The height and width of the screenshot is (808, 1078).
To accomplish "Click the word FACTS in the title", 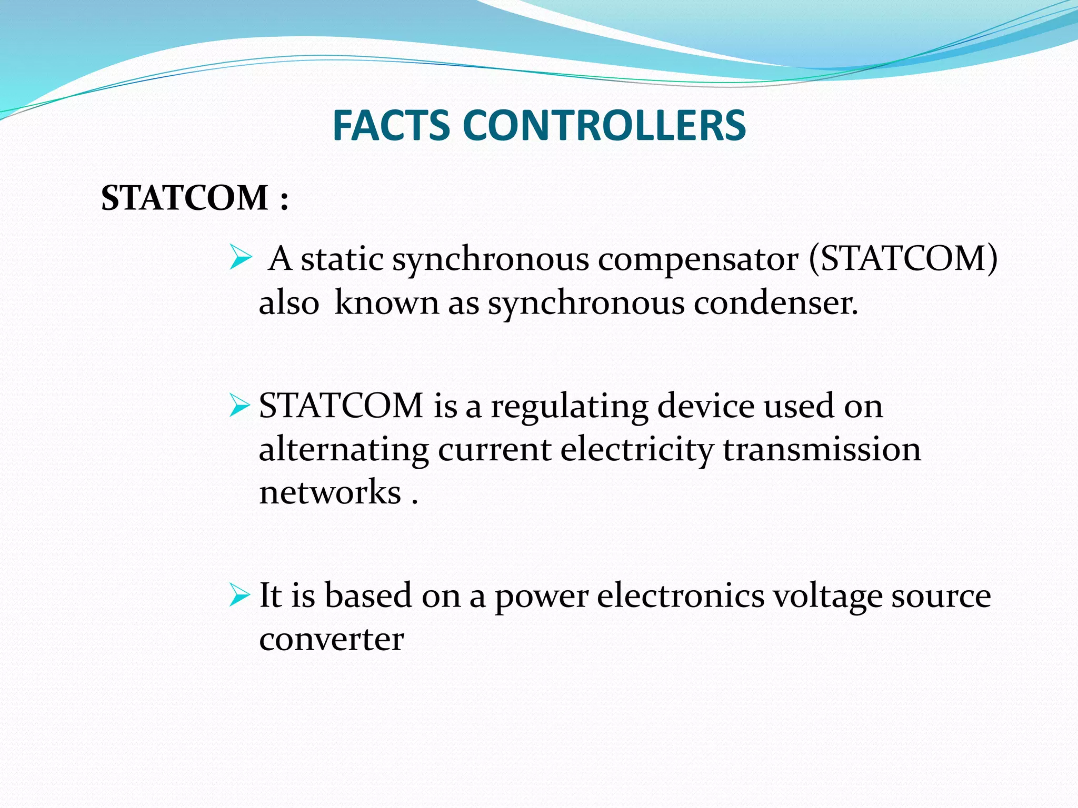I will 391,126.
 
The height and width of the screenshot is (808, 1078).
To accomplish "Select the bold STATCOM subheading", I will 185,198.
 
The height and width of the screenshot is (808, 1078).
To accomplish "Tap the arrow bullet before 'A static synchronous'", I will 241,259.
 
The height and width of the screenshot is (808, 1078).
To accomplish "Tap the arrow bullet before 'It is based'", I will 239,596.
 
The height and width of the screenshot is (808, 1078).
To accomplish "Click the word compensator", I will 698,260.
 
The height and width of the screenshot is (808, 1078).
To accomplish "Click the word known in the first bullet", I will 387,304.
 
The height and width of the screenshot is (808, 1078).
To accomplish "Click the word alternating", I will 344,450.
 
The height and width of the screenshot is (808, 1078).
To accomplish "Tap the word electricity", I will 636,450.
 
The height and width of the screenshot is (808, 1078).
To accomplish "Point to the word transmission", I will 822,450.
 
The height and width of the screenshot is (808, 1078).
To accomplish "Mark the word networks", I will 330,493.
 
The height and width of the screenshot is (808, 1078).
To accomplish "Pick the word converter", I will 331,640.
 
